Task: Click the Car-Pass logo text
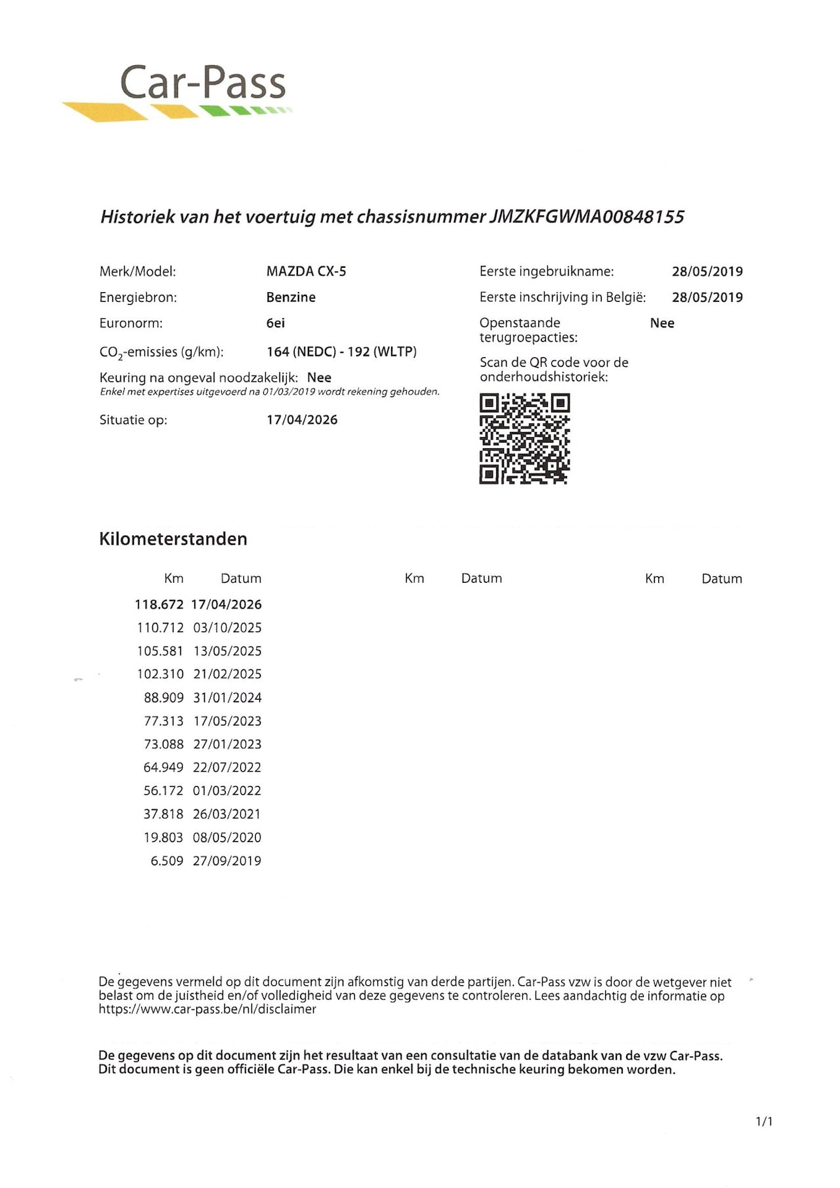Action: (202, 83)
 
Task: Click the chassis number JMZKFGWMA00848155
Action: (587, 217)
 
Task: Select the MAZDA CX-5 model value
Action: (306, 271)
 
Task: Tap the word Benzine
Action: (291, 297)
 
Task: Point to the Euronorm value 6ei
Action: (276, 323)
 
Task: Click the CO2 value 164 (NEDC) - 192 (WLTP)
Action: (341, 352)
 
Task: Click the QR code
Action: (524, 439)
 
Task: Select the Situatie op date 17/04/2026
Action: (302, 420)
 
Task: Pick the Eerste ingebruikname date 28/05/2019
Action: (707, 271)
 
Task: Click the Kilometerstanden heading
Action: (173, 539)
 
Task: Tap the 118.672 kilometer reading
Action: (159, 605)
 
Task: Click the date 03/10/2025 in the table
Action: (227, 628)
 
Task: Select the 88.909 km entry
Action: (163, 698)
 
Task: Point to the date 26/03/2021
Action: (226, 815)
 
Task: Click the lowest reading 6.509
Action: (167, 861)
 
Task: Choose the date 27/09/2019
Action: (226, 861)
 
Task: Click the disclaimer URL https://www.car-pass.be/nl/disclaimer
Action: (207, 1009)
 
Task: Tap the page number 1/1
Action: (764, 1122)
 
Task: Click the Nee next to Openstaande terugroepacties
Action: (661, 323)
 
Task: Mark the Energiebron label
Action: (138, 297)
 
